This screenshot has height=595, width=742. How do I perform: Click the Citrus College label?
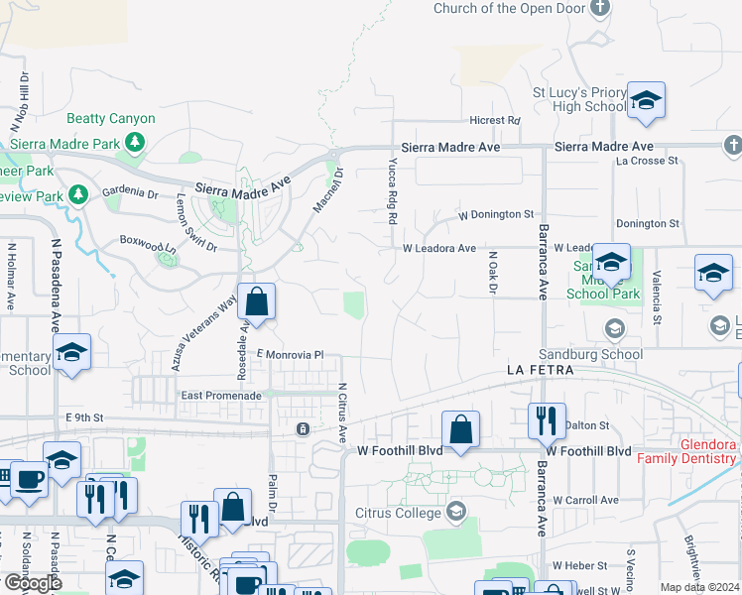tap(398, 513)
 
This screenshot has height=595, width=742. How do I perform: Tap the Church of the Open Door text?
tap(509, 9)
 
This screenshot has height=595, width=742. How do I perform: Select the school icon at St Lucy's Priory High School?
tap(646, 100)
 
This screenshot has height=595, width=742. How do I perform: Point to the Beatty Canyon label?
tap(111, 119)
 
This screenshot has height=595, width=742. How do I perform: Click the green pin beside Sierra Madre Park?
tap(134, 146)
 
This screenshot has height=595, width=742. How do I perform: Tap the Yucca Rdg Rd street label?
tap(393, 189)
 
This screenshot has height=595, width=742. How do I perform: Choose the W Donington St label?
tap(495, 214)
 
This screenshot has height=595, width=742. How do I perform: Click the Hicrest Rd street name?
tap(495, 120)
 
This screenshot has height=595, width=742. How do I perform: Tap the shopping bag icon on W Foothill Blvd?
tap(460, 429)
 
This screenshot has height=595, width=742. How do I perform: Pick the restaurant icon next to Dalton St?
tap(546, 420)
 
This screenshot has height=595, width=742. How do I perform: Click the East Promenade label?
tap(220, 395)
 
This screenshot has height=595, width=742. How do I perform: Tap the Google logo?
tap(33, 583)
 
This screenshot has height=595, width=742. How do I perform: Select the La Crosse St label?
tap(647, 160)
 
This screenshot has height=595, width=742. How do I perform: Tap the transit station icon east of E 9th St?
tap(303, 428)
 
